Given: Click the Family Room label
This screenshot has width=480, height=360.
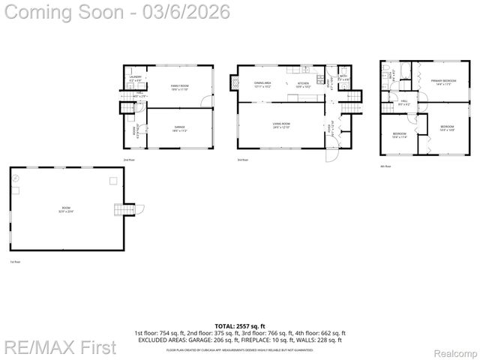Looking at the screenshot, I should [179, 86].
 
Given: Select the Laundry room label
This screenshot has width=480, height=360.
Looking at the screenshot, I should [136, 77].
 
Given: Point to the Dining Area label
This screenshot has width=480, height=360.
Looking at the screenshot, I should [262, 82].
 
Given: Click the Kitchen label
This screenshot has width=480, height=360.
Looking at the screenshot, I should [303, 82].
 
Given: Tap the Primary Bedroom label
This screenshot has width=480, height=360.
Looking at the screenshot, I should [444, 80].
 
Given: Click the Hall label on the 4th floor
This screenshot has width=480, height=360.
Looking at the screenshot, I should [403, 100].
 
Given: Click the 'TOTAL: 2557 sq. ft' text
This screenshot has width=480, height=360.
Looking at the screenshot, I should [240, 326].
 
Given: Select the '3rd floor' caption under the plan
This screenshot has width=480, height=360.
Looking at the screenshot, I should [241, 160].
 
